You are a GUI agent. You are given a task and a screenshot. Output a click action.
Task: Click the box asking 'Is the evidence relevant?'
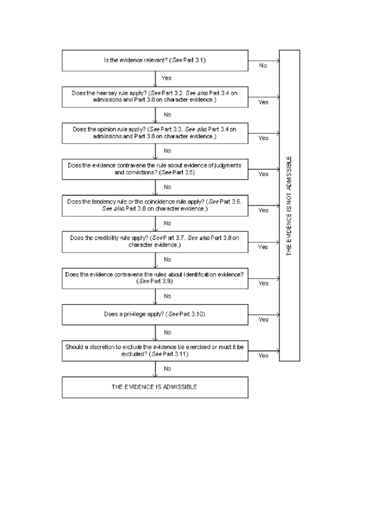click(155, 60)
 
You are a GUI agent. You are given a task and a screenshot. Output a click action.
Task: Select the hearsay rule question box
click(155, 97)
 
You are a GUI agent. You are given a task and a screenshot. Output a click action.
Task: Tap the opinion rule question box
click(155, 133)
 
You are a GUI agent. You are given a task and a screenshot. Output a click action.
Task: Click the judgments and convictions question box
click(155, 169)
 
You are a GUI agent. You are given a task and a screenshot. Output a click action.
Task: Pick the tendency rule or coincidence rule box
click(155, 206)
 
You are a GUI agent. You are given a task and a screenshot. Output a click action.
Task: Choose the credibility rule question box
click(155, 242)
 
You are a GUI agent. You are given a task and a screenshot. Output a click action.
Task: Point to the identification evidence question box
click(155, 278)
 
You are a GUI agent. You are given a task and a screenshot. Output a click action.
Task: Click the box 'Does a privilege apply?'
click(155, 315)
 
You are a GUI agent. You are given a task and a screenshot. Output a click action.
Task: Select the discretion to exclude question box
click(155, 351)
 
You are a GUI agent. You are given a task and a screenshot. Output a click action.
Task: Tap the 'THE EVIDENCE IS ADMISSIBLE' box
click(155, 387)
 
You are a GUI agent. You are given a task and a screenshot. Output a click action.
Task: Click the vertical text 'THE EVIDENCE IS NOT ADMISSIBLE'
click(289, 206)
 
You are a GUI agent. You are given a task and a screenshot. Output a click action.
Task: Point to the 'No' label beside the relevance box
click(263, 66)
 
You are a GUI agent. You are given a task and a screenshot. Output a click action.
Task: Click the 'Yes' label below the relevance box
click(166, 78)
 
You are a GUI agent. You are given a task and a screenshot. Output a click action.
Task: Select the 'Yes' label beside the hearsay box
click(263, 102)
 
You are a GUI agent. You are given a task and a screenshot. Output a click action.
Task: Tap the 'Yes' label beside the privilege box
click(263, 320)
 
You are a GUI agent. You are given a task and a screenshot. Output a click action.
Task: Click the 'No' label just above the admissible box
click(167, 369)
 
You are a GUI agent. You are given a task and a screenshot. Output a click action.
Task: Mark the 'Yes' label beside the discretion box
click(263, 356)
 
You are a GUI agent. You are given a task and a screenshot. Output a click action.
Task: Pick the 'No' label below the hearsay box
click(167, 115)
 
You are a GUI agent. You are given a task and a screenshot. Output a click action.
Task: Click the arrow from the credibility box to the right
click(264, 242)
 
